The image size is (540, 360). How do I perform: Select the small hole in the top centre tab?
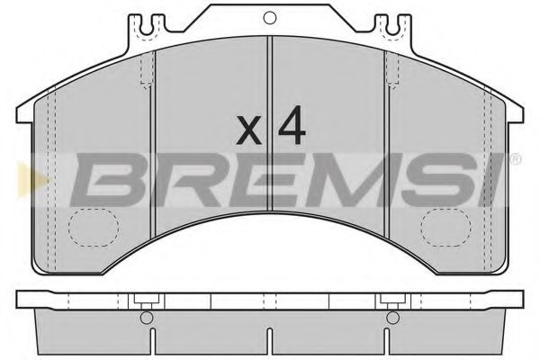(x=269, y=17)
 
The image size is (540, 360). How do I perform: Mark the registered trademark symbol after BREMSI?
(x=514, y=159)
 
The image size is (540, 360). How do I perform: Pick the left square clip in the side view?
(x=144, y=301)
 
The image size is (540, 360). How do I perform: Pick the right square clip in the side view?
(x=391, y=301)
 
